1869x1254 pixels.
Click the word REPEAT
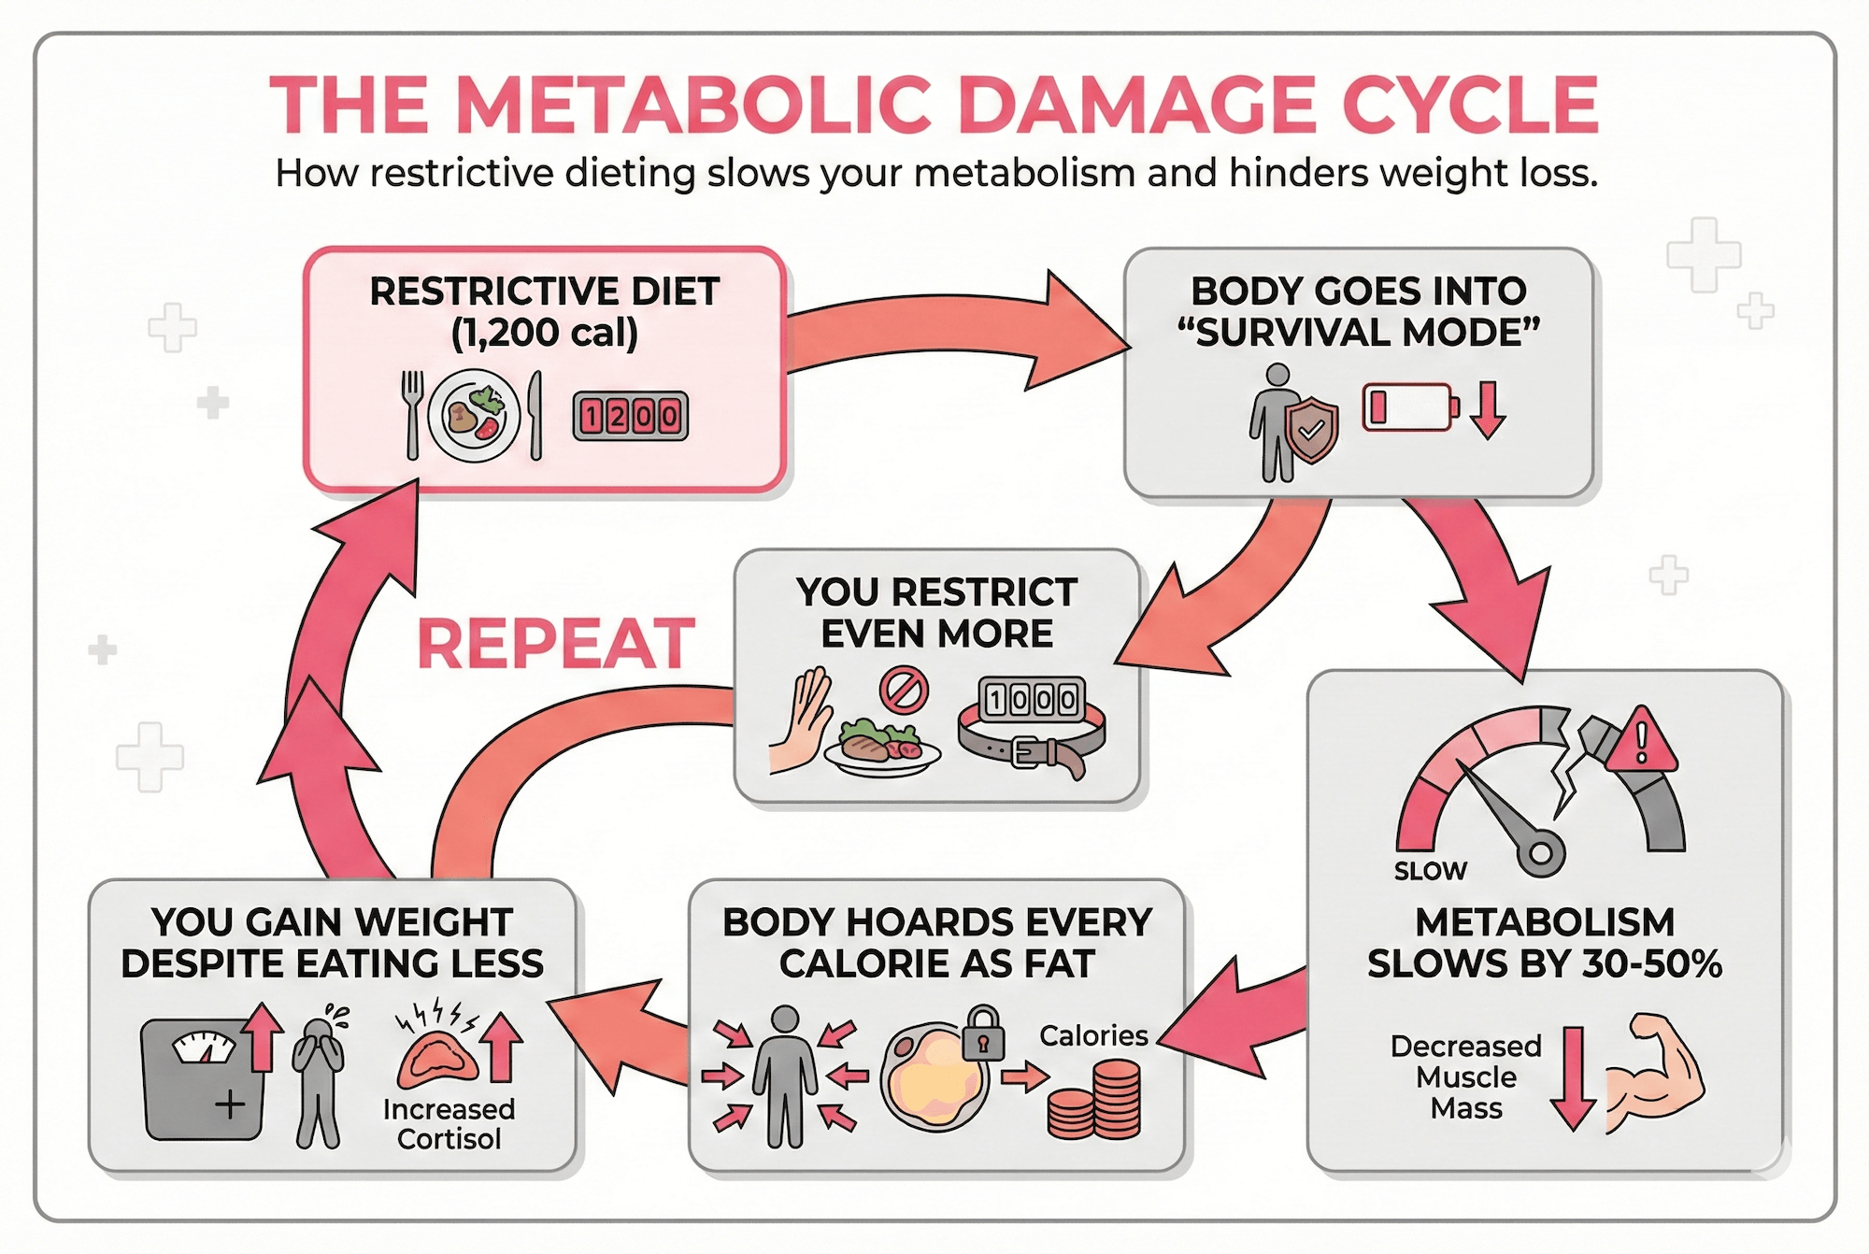[556, 644]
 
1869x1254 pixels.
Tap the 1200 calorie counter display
[630, 416]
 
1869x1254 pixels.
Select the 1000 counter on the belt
[1032, 699]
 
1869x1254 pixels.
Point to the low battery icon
[1410, 407]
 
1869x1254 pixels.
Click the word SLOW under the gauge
[1430, 872]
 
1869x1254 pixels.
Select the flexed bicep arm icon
[1654, 1075]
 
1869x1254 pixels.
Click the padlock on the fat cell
[983, 1033]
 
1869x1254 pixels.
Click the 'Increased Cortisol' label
[449, 1124]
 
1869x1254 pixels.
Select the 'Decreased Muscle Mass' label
[1465, 1076]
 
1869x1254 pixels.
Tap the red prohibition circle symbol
[904, 691]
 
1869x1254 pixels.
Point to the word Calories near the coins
[1093, 1035]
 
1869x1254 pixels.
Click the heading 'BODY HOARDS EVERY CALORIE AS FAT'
[936, 943]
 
